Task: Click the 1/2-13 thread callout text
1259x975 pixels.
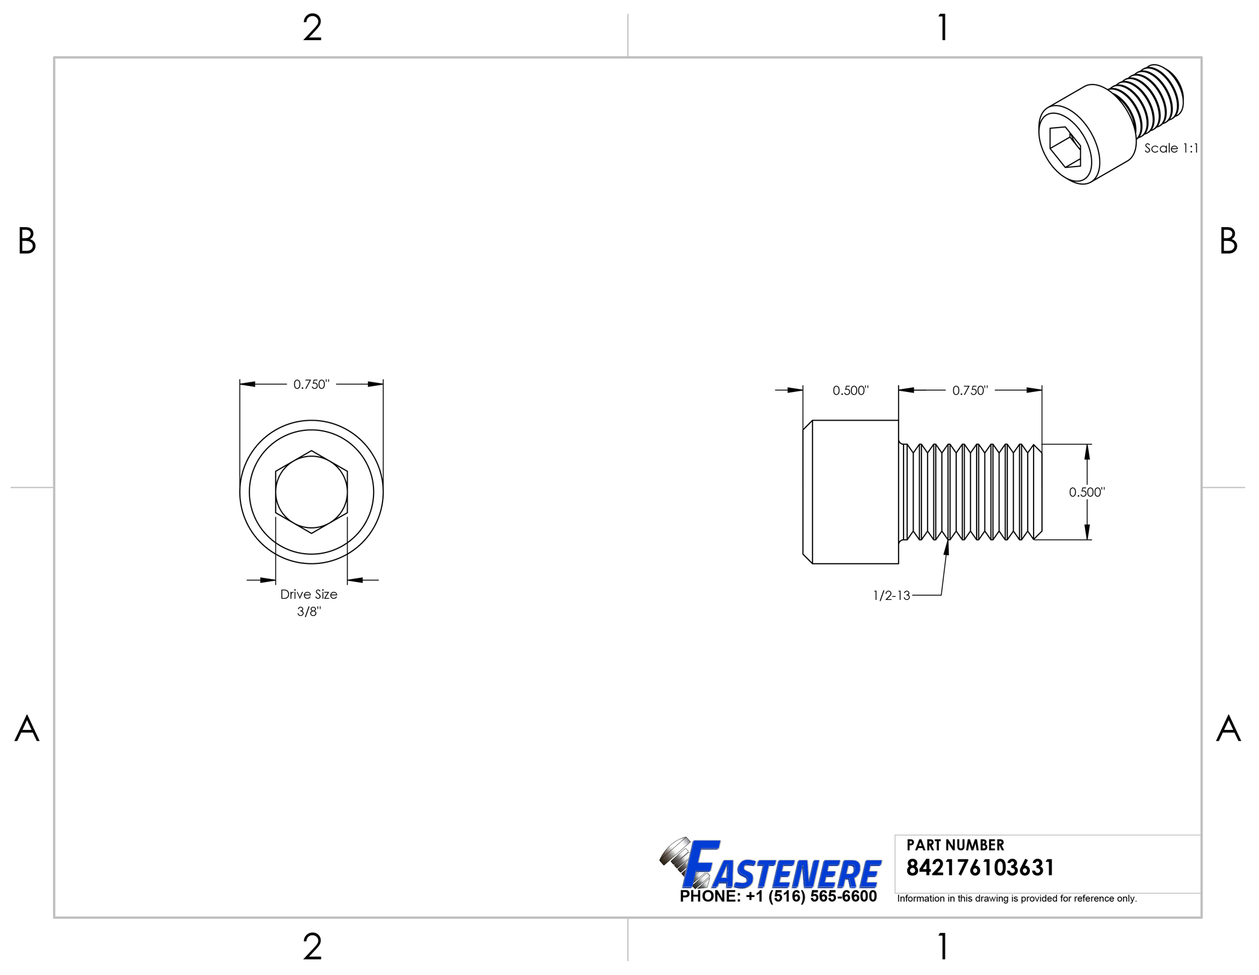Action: tap(891, 596)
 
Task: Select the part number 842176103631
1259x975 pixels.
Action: tap(980, 868)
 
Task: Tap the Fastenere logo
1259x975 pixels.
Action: tap(770, 864)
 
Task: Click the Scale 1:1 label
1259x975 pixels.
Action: tap(1171, 148)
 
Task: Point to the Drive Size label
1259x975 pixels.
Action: tap(309, 594)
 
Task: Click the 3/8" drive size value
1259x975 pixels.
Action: tap(309, 611)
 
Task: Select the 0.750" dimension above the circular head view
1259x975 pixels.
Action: tap(311, 384)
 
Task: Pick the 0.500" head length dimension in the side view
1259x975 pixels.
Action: tap(850, 391)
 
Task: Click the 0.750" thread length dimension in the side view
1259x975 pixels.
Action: tap(970, 391)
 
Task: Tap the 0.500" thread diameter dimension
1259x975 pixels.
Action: tap(1087, 493)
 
